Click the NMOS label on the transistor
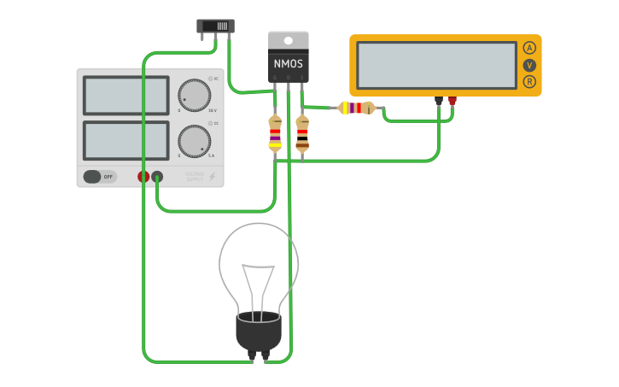(x=289, y=63)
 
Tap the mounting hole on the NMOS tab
(x=289, y=40)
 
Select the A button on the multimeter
(x=529, y=48)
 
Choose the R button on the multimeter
(x=529, y=82)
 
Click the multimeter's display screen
(x=436, y=64)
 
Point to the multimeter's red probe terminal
(x=453, y=100)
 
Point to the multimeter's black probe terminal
(x=439, y=100)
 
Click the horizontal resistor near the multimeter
(x=356, y=108)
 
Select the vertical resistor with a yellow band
(x=275, y=133)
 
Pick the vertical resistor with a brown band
(x=302, y=134)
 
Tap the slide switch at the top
(x=216, y=26)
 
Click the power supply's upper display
(x=126, y=96)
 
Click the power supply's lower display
(x=126, y=139)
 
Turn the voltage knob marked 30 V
(x=195, y=96)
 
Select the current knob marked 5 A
(x=195, y=141)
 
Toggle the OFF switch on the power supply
(x=99, y=177)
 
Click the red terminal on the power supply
(x=143, y=177)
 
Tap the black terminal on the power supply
(x=157, y=177)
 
